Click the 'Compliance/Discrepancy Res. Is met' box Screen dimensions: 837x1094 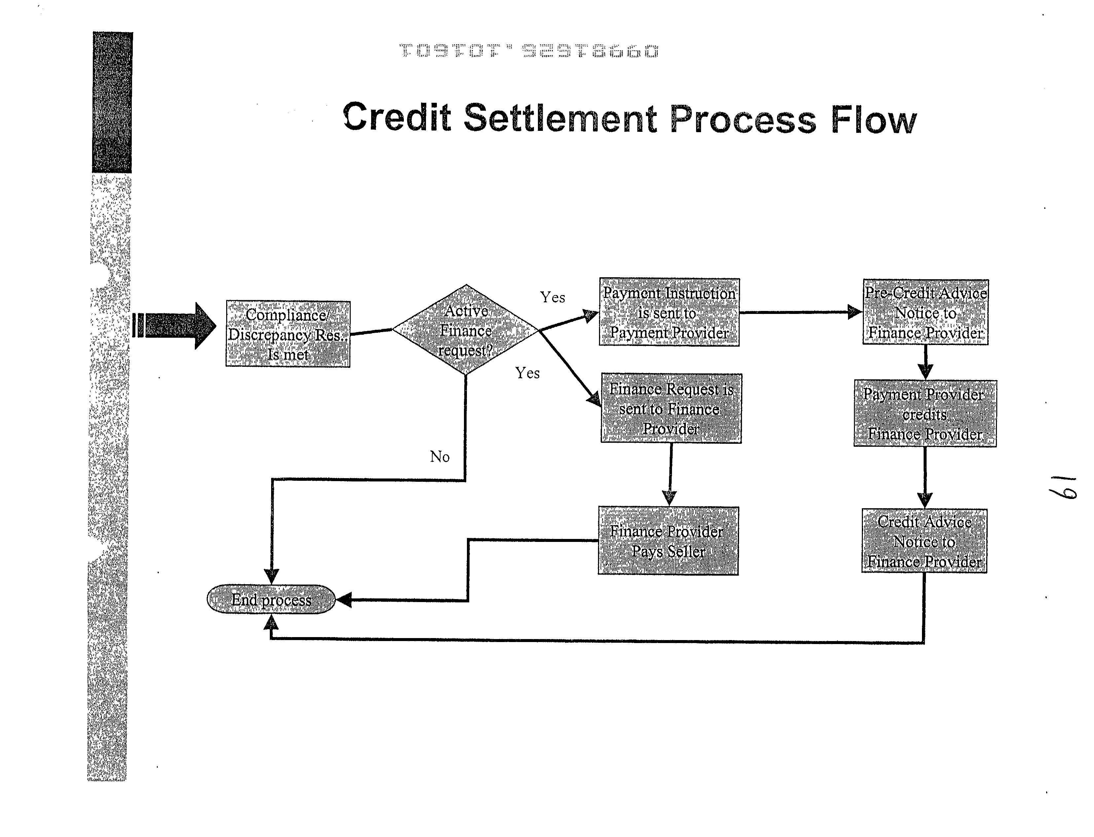tap(288, 334)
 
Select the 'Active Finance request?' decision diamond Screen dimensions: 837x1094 tap(466, 330)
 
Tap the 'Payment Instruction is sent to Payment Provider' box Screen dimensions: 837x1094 tap(669, 312)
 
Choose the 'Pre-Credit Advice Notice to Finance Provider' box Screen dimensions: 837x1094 tap(925, 312)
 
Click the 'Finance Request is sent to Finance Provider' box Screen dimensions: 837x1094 tap(671, 408)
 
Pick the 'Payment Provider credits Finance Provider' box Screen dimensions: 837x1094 tap(925, 413)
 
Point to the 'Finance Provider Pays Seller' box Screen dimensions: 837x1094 tap(668, 541)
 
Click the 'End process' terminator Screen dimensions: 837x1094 tap(271, 599)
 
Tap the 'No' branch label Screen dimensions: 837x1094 tap(440, 456)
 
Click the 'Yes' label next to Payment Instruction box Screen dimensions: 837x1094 tap(552, 297)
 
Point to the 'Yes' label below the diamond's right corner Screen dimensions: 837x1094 tap(527, 373)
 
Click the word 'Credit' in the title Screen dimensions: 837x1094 tap(397, 117)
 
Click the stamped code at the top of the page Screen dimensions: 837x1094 tap(529, 51)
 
